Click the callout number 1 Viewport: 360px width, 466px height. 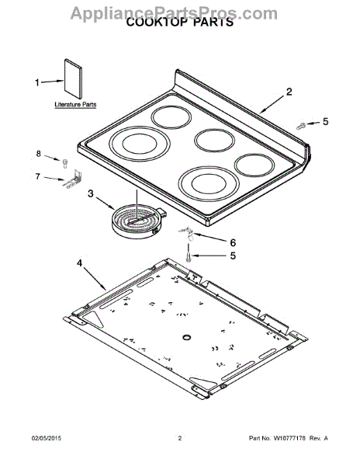(x=37, y=82)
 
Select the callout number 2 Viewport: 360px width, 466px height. (x=289, y=92)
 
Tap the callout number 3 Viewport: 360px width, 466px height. (x=90, y=193)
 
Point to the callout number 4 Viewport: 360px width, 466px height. (x=79, y=263)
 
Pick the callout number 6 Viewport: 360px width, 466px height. (x=233, y=243)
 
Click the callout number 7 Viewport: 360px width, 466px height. (x=37, y=176)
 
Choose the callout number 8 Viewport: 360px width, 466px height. (x=39, y=154)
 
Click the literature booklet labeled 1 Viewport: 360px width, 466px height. (x=73, y=78)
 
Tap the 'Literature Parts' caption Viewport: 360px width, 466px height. (x=75, y=105)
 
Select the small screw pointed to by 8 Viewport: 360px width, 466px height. (x=65, y=163)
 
